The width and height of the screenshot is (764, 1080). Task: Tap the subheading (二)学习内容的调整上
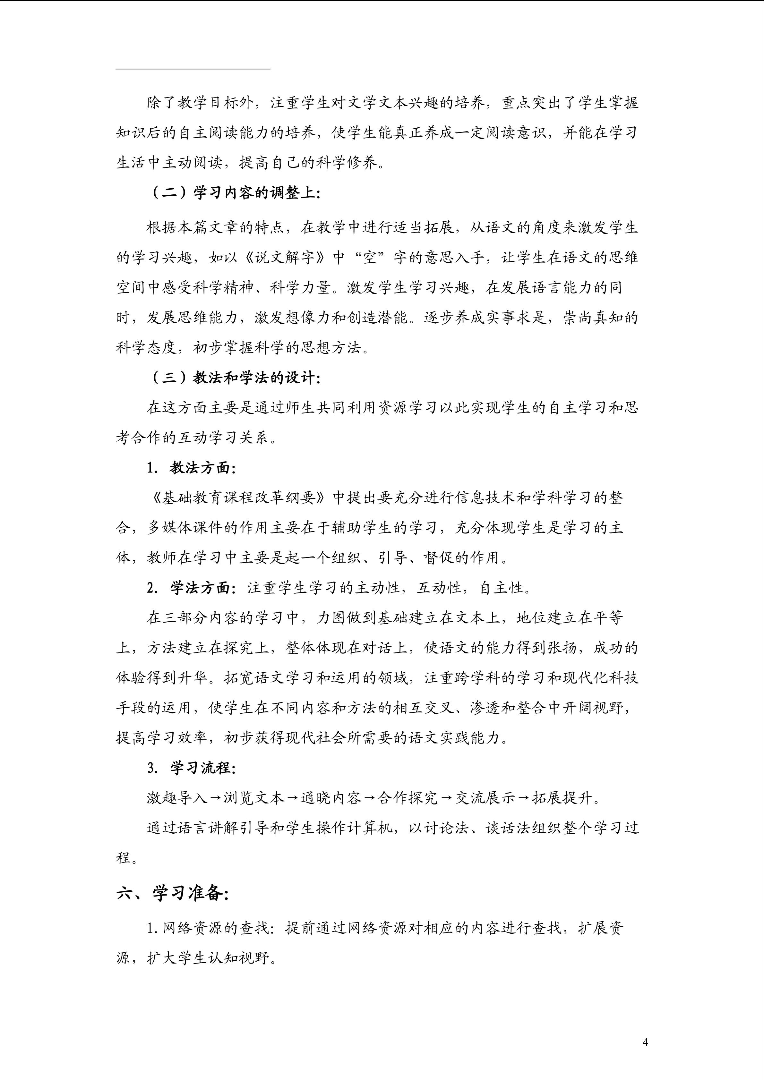coord(234,193)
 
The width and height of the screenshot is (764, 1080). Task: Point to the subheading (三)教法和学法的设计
coord(234,378)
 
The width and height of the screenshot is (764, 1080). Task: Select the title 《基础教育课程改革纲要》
coord(239,498)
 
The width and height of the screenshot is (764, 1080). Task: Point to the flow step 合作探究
coord(408,798)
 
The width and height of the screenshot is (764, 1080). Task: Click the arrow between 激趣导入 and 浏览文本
coord(215,798)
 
